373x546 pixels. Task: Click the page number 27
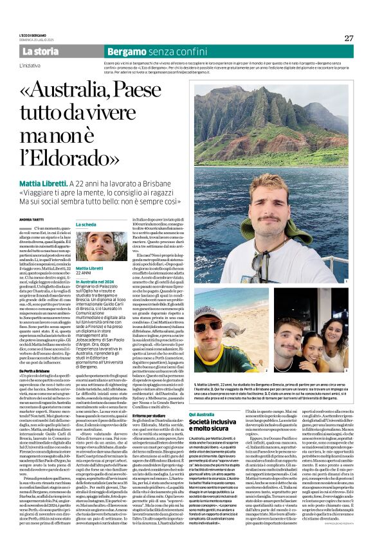(x=349, y=38)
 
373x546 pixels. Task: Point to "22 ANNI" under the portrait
(x=85, y=273)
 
